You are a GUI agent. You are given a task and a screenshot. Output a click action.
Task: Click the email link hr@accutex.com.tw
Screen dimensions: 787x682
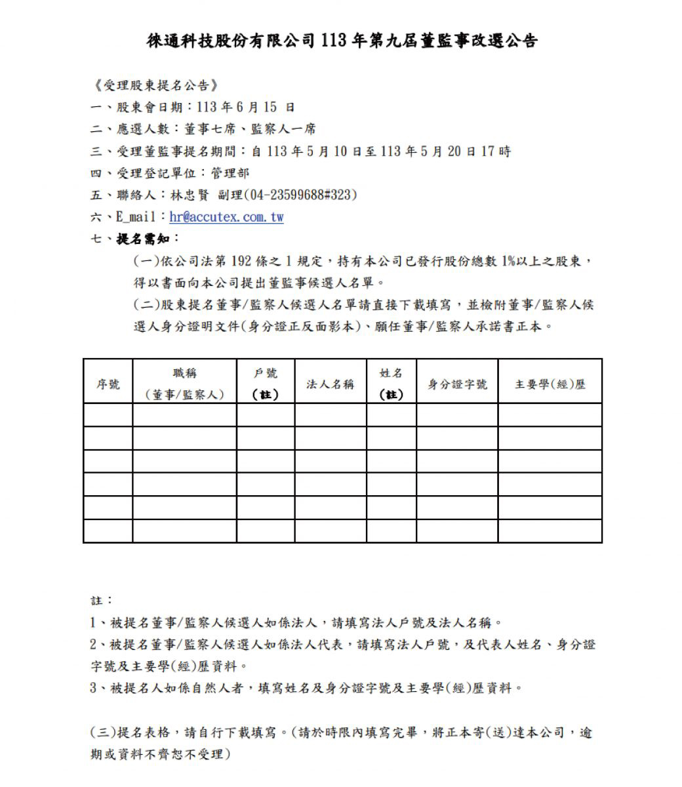pos(226,217)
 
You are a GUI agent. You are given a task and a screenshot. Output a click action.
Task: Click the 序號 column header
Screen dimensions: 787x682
pos(108,384)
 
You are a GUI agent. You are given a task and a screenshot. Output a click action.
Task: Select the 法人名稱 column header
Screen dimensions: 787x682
pos(330,384)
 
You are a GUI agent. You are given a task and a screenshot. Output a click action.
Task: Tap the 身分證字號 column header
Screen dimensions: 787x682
pos(457,384)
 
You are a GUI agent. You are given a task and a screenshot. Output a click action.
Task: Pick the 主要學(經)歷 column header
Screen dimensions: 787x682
pos(550,384)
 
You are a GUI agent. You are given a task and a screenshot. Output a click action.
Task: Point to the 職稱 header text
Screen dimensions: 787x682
pos(184,373)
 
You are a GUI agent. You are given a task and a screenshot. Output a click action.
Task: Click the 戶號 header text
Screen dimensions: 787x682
pos(265,373)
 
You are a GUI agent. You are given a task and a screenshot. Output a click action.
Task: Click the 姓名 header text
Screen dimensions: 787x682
pos(391,373)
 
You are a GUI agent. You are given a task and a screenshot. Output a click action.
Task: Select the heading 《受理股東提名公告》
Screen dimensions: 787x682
pos(155,85)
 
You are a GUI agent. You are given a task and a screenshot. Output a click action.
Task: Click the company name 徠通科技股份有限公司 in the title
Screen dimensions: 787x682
pos(232,41)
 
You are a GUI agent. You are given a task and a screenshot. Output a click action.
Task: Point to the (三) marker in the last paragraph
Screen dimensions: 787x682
pos(102,733)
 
